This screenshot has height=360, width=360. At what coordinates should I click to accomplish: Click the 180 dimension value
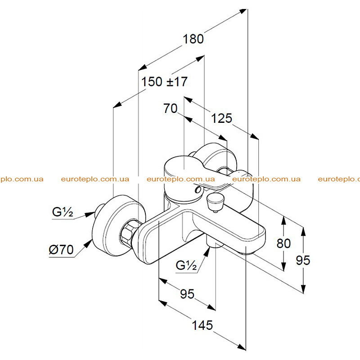click(x=193, y=39)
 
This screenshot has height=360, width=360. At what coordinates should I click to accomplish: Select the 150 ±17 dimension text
click(x=164, y=82)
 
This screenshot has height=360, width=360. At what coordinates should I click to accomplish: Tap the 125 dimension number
click(x=221, y=118)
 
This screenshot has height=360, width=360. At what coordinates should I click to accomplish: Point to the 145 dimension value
click(x=202, y=325)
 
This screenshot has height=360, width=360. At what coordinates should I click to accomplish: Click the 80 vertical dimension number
click(x=283, y=243)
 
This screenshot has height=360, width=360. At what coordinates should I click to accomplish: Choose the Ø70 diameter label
click(x=61, y=250)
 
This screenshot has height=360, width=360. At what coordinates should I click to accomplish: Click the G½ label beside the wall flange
click(x=63, y=212)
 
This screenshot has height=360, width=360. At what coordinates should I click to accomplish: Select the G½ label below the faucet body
click(x=186, y=265)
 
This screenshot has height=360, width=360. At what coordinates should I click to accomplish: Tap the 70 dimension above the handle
click(x=171, y=108)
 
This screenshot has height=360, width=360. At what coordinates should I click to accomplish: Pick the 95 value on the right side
click(x=303, y=261)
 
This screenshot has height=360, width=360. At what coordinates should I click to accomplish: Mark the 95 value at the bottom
click(x=187, y=294)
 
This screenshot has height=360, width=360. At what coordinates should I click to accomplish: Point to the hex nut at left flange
click(x=128, y=232)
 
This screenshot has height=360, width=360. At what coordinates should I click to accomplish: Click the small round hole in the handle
click(x=198, y=190)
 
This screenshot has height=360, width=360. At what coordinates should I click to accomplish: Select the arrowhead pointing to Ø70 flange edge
click(x=88, y=243)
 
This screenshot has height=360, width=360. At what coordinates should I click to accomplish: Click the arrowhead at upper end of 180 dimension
click(x=243, y=11)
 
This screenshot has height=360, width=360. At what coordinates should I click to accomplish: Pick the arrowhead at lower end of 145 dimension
click(x=242, y=347)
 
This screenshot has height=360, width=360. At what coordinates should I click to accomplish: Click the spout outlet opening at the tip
click(x=248, y=253)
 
